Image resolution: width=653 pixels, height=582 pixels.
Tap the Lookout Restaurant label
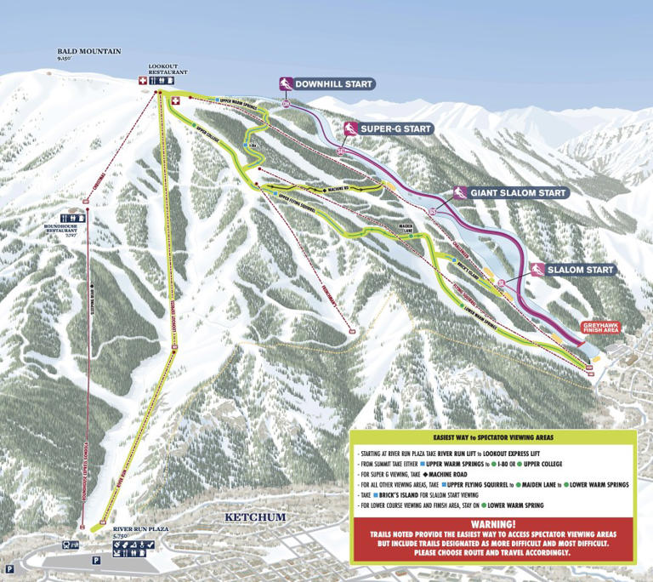click(168, 70)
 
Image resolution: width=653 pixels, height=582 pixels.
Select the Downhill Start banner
click(333, 84)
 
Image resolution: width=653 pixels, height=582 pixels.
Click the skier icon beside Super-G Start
click(349, 128)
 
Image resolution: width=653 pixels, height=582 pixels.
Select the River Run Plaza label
click(140, 531)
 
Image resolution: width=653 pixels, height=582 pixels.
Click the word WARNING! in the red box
click(493, 523)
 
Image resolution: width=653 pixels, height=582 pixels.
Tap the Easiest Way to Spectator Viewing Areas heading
click(493, 436)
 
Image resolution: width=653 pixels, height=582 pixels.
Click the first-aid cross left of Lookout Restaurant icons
click(144, 81)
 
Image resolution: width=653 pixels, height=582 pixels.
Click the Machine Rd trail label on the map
click(326, 189)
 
